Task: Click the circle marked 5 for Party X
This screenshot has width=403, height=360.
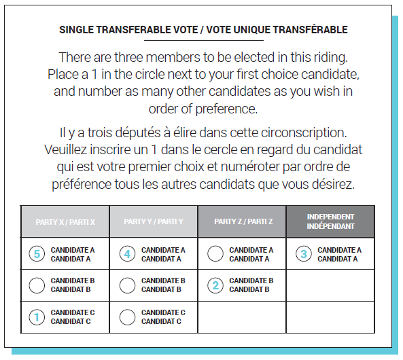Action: click(x=39, y=254)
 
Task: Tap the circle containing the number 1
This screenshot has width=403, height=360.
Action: click(x=39, y=317)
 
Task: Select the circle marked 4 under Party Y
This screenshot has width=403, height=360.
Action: click(x=127, y=254)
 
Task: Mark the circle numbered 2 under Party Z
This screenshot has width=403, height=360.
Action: click(x=215, y=285)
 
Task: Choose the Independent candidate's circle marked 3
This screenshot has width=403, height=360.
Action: click(x=304, y=254)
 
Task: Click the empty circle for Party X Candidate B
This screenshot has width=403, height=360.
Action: click(x=39, y=285)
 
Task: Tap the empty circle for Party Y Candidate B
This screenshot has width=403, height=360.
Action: click(x=127, y=285)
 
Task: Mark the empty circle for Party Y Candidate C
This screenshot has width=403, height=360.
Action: click(x=127, y=317)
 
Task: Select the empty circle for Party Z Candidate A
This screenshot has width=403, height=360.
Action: click(x=215, y=254)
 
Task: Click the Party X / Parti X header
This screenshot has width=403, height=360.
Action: click(x=65, y=222)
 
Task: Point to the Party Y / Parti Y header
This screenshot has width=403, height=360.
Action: click(x=154, y=222)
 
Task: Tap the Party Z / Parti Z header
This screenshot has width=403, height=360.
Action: click(x=243, y=222)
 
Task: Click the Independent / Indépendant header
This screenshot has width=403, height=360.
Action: click(x=330, y=221)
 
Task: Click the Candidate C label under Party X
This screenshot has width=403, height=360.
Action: click(x=72, y=317)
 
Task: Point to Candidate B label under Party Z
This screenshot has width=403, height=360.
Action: click(x=251, y=285)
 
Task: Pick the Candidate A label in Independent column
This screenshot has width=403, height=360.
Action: click(x=339, y=254)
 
